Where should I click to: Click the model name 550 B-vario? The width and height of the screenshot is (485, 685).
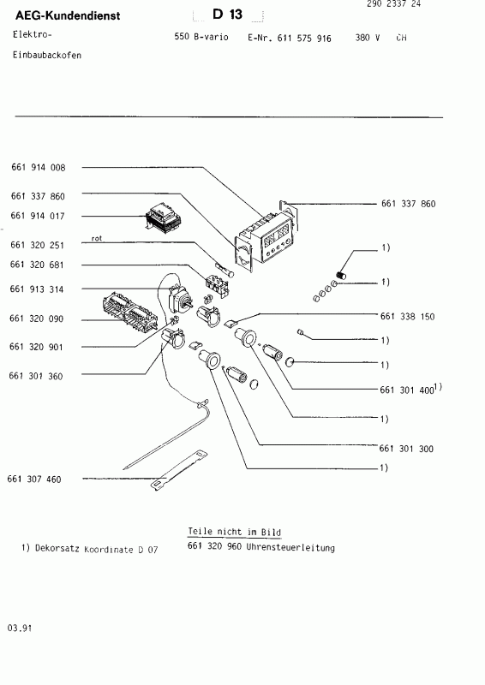(x=201, y=39)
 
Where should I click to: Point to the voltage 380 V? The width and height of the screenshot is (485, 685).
(x=367, y=39)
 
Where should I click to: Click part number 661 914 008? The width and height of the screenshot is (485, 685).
(x=38, y=167)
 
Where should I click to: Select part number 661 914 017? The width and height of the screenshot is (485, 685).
(x=38, y=216)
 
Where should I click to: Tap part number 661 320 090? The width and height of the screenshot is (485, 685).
(x=38, y=319)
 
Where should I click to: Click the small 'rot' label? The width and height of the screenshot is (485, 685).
(x=96, y=239)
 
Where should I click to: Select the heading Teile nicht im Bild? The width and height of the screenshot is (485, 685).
(x=234, y=532)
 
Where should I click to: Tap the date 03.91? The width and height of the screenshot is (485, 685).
(x=21, y=628)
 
